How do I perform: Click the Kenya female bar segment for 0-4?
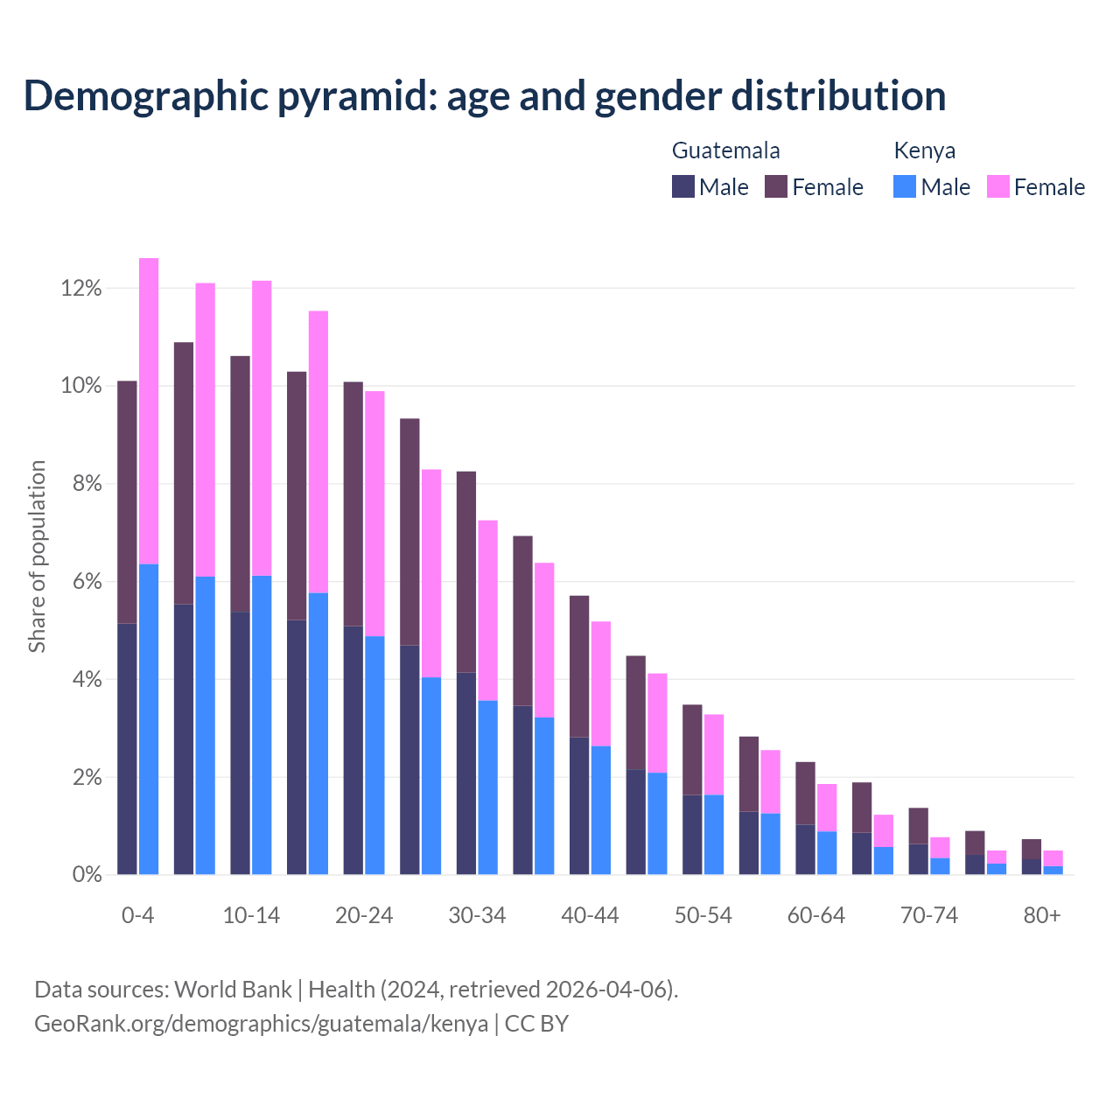tap(149, 411)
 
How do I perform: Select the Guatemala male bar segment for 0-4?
tap(127, 749)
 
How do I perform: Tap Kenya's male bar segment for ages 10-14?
tap(262, 724)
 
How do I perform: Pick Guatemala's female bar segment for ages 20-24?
tap(353, 504)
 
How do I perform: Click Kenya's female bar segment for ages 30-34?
tap(487, 611)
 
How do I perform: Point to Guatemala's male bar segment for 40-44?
tap(579, 806)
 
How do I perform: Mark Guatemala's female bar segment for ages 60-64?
tap(805, 794)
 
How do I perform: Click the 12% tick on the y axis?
tap(81, 289)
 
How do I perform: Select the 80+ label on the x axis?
tap(1042, 916)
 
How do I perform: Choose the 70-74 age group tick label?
tap(929, 916)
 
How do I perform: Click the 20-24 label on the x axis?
tap(364, 916)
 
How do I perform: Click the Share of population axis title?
tap(38, 556)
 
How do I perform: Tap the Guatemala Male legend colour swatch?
tap(682, 186)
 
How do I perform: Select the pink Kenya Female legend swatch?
tap(997, 186)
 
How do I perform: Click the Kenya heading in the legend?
tap(924, 150)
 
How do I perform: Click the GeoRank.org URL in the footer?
tap(261, 1023)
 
